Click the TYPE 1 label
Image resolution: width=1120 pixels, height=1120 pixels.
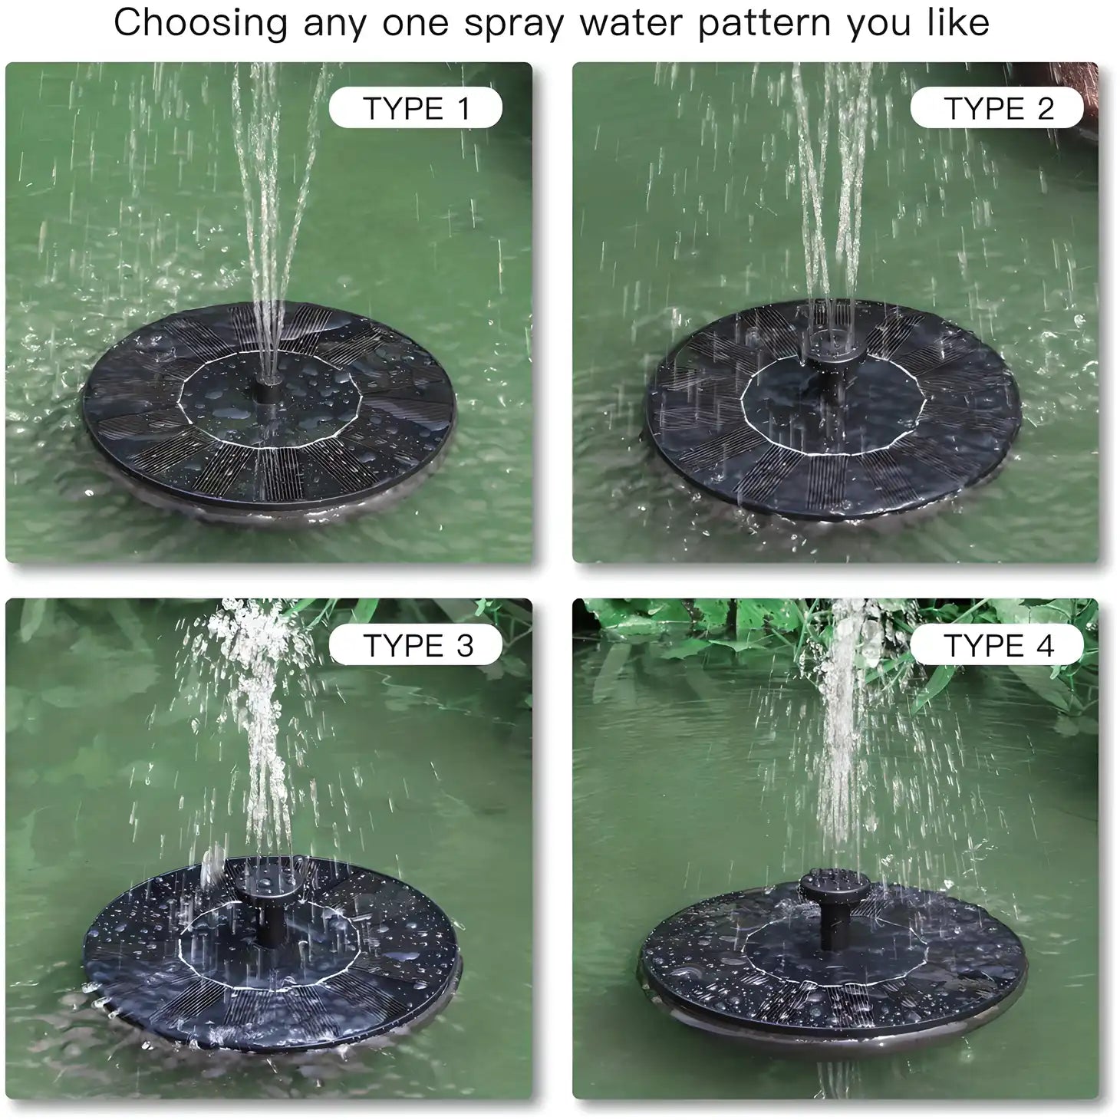(x=415, y=108)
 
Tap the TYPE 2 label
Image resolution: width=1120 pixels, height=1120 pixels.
(x=997, y=108)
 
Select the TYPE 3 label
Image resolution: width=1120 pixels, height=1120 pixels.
(x=415, y=645)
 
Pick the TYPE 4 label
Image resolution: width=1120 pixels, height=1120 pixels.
(x=997, y=645)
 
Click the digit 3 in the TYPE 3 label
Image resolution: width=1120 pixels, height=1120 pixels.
(x=464, y=645)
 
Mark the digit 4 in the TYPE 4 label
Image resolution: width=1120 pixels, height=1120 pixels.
(x=1045, y=645)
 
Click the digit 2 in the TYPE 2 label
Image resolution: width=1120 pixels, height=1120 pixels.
(x=1045, y=108)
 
